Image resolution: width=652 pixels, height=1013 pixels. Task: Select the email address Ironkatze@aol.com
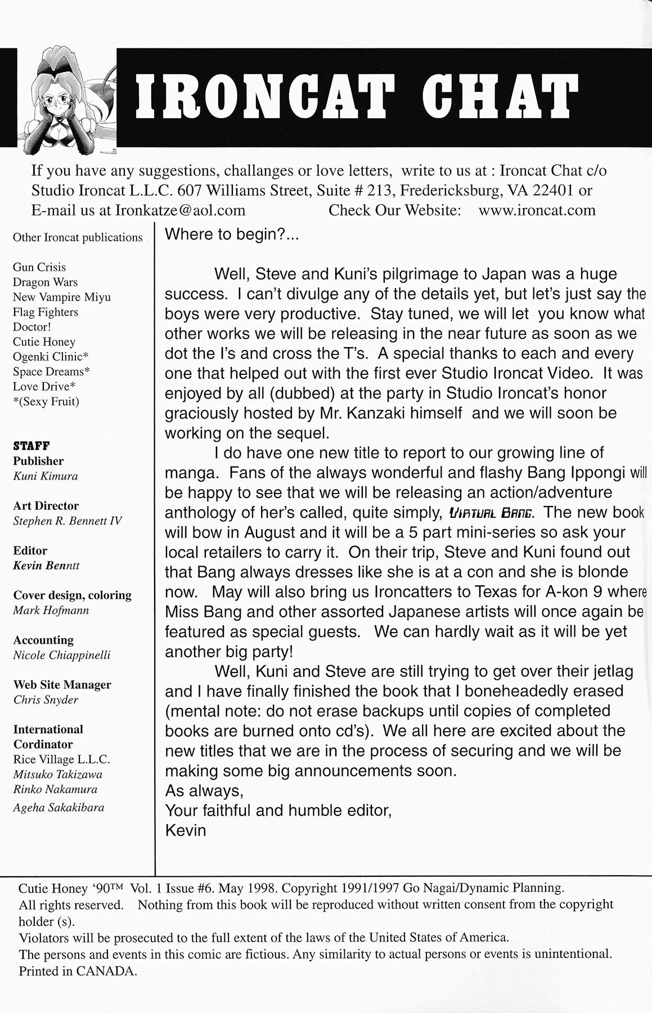click(x=181, y=210)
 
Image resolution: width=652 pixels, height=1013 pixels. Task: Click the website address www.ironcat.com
click(x=537, y=210)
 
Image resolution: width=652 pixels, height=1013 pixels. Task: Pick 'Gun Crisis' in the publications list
click(x=39, y=267)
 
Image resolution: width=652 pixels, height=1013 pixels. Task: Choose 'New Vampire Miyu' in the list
click(x=62, y=297)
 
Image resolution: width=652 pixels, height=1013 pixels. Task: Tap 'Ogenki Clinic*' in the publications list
click(x=51, y=357)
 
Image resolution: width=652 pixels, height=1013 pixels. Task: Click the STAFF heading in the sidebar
click(x=32, y=446)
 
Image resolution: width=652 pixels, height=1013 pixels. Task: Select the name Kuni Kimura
click(x=46, y=476)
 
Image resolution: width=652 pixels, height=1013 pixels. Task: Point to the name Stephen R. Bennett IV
click(x=68, y=521)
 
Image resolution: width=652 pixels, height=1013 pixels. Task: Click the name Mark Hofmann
click(x=51, y=611)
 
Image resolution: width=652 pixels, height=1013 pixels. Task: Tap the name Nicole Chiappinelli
click(x=62, y=655)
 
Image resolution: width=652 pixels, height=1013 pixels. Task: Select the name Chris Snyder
click(x=46, y=700)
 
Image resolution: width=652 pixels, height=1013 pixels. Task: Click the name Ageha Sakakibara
click(x=59, y=808)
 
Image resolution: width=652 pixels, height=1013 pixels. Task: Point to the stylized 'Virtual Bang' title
click(x=491, y=513)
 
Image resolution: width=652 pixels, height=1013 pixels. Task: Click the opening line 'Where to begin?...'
click(x=232, y=235)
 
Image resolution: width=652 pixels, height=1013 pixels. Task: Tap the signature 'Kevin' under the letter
click(x=186, y=831)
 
